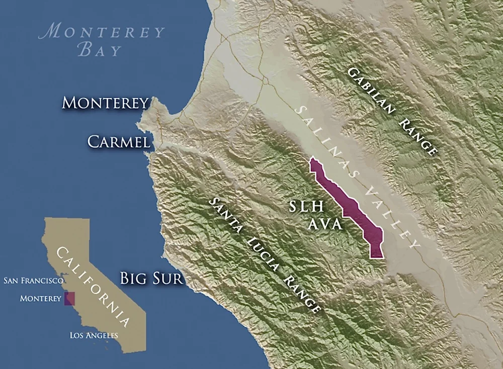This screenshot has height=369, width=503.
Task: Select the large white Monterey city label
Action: (105, 103)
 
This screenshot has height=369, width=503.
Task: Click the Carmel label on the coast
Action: (119, 142)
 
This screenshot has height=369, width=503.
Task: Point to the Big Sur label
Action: (151, 278)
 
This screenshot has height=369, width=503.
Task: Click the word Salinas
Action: (327, 141)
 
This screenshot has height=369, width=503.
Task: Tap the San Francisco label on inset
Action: (33, 280)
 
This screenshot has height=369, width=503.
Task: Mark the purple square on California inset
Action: (69, 299)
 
